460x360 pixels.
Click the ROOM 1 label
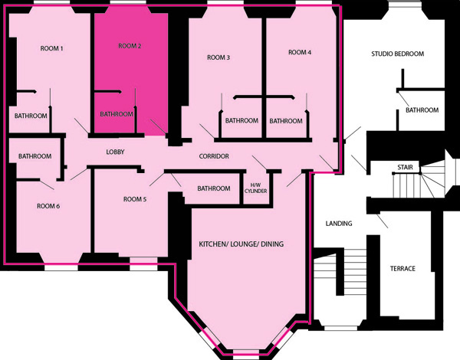pos(51,48)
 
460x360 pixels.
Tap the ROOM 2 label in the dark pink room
pos(130,46)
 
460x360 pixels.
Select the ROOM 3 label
pos(219,57)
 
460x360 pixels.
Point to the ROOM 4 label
pos(300,53)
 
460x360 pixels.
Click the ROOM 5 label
pos(135,199)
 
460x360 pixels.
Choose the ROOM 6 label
pos(48,206)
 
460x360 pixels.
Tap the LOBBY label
pos(115,152)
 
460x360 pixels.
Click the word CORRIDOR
pos(214,156)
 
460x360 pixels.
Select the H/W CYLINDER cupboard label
pos(255,188)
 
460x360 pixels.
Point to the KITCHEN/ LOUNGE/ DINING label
pos(242,244)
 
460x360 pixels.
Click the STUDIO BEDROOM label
pos(397,54)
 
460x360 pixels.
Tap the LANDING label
pos(339,224)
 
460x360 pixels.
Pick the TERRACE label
pos(402,269)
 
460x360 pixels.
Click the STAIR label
pos(405,167)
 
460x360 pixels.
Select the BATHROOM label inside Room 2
pos(117,114)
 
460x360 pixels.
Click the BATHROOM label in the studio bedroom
pos(422,110)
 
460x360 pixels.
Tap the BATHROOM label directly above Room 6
pos(35,156)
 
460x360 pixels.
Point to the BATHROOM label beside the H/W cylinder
pos(214,188)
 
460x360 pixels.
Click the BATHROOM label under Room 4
pos(286,121)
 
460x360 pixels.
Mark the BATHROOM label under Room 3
pos(242,120)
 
